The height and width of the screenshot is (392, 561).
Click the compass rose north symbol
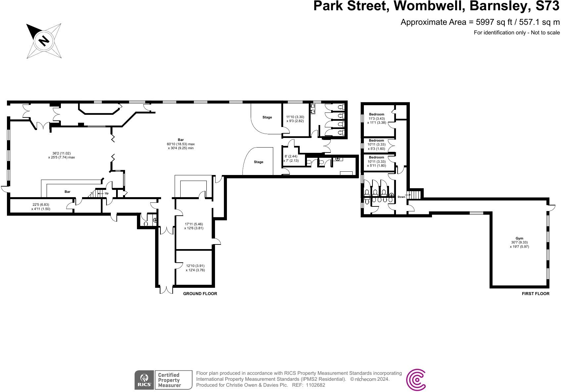click(x=44, y=40)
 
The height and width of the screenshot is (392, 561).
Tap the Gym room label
click(x=519, y=238)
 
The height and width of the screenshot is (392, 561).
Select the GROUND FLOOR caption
click(x=200, y=294)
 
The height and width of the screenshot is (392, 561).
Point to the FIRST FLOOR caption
click(x=535, y=294)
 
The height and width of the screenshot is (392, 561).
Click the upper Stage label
click(x=267, y=117)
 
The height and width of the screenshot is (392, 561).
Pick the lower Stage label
click(x=259, y=162)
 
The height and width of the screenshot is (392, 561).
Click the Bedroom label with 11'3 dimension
click(x=376, y=114)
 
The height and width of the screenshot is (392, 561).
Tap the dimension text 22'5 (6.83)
click(x=41, y=205)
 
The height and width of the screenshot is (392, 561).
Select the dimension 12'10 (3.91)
click(x=195, y=266)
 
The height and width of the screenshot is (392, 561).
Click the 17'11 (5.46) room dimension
click(x=194, y=224)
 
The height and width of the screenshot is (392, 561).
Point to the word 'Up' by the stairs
click(x=107, y=193)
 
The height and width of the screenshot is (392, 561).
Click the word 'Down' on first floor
click(x=401, y=197)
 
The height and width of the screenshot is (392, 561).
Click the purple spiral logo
click(x=416, y=380)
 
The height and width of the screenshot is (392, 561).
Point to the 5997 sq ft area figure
click(x=489, y=22)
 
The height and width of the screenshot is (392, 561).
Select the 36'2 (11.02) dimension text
click(x=62, y=153)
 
